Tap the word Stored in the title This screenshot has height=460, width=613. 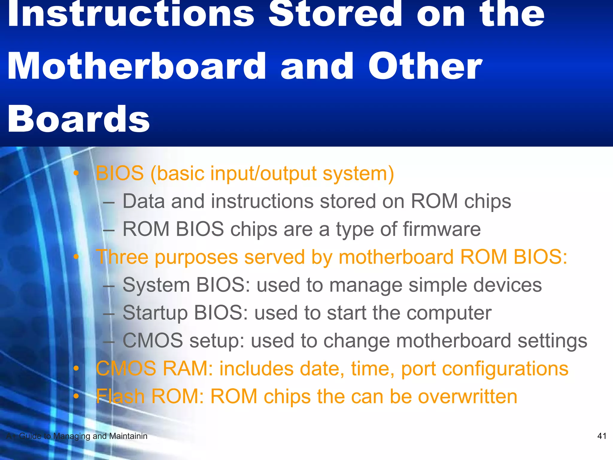point(335,13)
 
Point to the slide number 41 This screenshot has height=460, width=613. point(602,436)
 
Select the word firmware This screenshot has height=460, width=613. point(442,229)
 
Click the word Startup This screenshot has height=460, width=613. point(155,313)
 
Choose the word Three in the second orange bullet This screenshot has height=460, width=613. point(122,257)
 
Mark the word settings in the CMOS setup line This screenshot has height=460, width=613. point(553,341)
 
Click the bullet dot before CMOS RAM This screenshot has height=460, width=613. point(77,369)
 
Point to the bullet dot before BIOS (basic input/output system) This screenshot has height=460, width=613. point(77,173)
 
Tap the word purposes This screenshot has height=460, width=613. point(196,257)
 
